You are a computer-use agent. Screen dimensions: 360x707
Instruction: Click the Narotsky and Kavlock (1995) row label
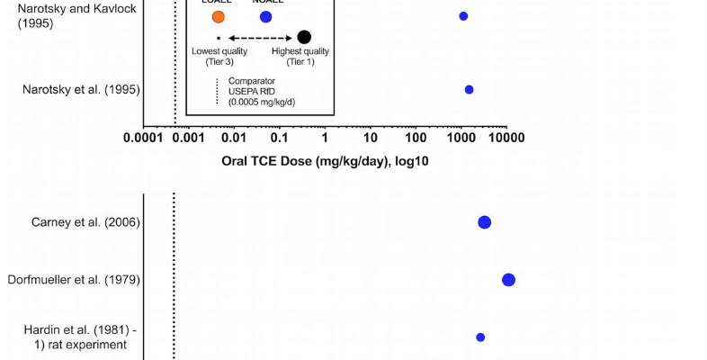pyautogui.click(x=71, y=15)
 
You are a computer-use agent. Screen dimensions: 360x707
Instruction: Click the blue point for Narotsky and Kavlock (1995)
pyautogui.click(x=463, y=16)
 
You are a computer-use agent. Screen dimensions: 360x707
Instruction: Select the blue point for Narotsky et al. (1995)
pyautogui.click(x=469, y=90)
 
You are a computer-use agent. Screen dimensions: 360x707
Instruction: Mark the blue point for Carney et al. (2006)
pyautogui.click(x=484, y=222)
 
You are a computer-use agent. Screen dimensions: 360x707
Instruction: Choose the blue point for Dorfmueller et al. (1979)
pyautogui.click(x=508, y=280)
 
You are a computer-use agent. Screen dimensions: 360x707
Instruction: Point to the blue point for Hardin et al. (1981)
pyautogui.click(x=480, y=337)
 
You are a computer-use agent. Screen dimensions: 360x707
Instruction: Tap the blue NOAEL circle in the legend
pyautogui.click(x=265, y=16)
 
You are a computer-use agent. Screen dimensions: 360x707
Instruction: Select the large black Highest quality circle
pyautogui.click(x=304, y=37)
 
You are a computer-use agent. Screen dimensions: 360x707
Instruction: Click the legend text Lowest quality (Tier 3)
pyautogui.click(x=219, y=56)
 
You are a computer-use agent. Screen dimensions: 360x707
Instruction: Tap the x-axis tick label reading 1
pyautogui.click(x=325, y=138)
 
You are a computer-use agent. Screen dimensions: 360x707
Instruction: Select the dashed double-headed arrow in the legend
pyautogui.click(x=261, y=38)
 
